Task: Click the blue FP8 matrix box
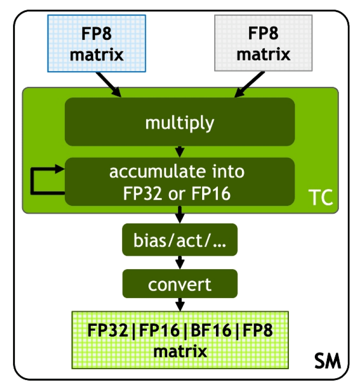97,43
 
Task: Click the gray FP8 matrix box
263,43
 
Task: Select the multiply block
180,122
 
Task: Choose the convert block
180,284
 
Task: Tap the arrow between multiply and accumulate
180,151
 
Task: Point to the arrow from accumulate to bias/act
180,214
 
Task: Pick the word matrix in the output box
180,351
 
